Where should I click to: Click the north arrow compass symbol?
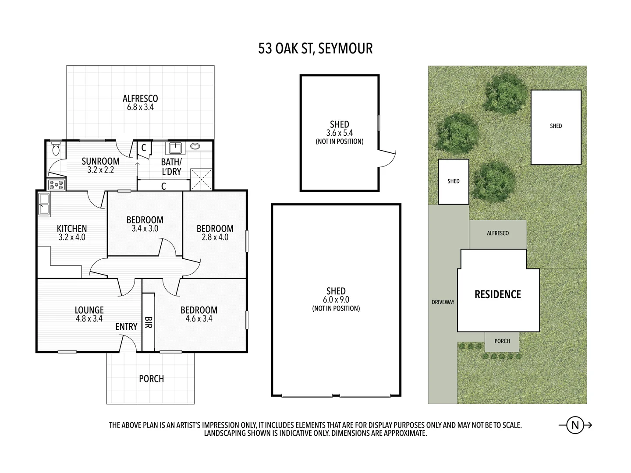[575, 425]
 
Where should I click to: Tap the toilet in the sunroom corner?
[55, 149]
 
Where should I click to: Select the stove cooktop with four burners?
[57, 185]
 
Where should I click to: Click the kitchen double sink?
[43, 205]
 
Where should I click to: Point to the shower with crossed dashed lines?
[201, 179]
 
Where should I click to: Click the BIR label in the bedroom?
[149, 323]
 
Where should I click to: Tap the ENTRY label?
[126, 327]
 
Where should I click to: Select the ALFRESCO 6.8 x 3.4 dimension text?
[140, 107]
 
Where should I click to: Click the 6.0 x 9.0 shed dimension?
[336, 300]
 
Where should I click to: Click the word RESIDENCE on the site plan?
[498, 294]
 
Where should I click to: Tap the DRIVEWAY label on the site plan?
[443, 302]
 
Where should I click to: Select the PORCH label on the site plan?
[502, 341]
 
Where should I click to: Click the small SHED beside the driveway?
[454, 181]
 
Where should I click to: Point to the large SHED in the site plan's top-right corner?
[556, 127]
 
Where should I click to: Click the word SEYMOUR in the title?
[345, 48]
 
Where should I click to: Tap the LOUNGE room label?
[89, 310]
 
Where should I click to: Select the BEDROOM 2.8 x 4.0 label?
[215, 233]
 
